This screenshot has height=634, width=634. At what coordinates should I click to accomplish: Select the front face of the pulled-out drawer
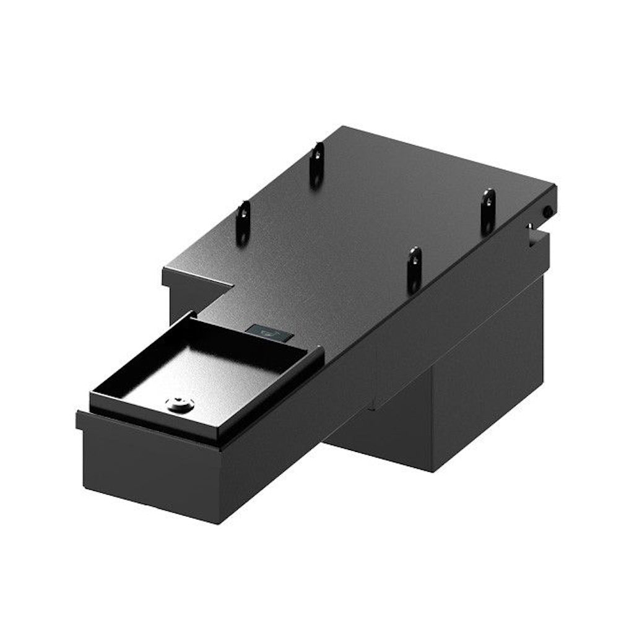pos(149,471)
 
